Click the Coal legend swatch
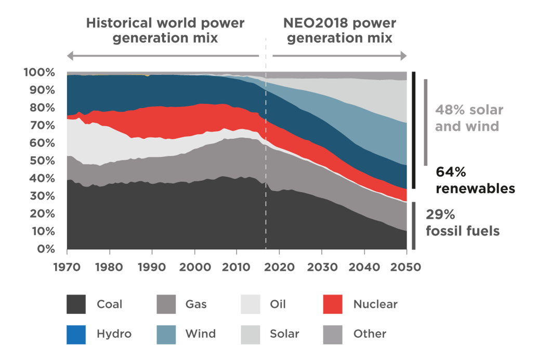[76, 304]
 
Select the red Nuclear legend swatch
[333, 304]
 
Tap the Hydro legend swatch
[76, 334]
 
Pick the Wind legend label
[201, 334]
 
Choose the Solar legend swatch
[251, 334]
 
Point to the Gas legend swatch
[166, 304]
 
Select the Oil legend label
[278, 304]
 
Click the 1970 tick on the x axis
[67, 266]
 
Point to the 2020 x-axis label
[280, 266]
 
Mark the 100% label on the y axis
[39, 72]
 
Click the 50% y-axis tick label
[42, 161]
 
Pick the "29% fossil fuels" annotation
[463, 222]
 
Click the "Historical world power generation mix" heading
[165, 31]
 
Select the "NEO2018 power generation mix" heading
[339, 31]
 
